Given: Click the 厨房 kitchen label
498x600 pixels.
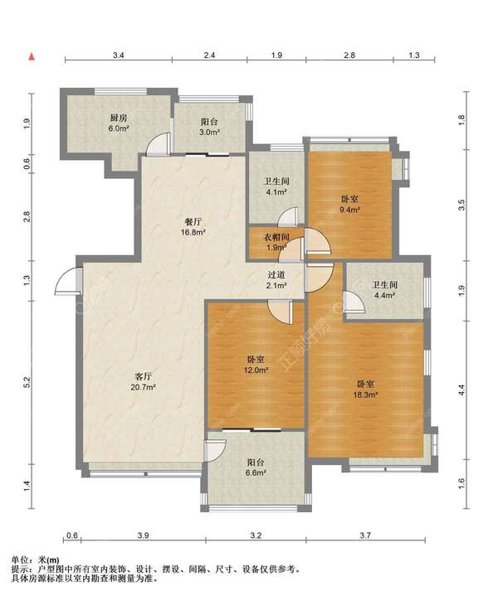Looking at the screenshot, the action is tap(119, 118).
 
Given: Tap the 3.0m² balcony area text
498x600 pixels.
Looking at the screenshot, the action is tap(210, 133).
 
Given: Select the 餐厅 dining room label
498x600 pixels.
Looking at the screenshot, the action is tap(193, 221).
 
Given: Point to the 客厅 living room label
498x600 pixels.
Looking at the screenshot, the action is tap(144, 376).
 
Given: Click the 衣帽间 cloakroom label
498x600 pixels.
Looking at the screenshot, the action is tap(276, 237).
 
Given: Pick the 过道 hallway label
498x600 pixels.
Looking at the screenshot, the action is tap(276, 274).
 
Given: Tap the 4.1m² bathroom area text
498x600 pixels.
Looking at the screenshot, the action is tap(276, 191).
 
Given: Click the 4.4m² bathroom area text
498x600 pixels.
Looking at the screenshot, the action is tap(384, 295).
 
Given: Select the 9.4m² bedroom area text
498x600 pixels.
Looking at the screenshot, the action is tap(349, 210).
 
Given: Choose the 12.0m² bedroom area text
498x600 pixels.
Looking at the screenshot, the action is tap(256, 370).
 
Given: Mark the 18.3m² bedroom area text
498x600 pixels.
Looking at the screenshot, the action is tap(366, 395).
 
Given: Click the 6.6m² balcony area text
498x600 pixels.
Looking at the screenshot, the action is tap(256, 473).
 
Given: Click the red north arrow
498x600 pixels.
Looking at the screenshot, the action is tap(32, 57).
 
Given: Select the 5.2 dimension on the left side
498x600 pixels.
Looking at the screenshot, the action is tap(27, 381).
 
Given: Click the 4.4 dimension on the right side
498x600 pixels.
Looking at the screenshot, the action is tap(462, 390).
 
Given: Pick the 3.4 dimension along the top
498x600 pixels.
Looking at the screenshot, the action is tap(119, 55).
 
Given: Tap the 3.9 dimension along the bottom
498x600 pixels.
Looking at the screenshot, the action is tap(144, 535).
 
